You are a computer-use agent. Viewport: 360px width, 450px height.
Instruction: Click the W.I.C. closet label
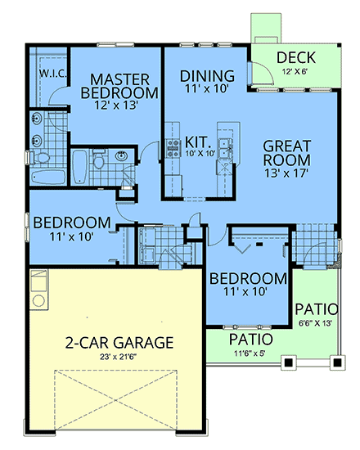click(x=53, y=74)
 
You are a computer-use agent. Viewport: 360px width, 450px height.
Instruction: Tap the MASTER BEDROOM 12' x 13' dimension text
click(x=116, y=106)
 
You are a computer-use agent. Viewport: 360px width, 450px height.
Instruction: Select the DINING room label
click(x=207, y=76)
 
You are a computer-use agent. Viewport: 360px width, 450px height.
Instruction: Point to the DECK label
click(x=296, y=57)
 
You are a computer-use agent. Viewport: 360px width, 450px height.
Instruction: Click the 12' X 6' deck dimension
click(x=295, y=71)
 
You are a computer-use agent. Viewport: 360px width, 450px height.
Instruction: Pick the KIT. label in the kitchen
click(x=197, y=142)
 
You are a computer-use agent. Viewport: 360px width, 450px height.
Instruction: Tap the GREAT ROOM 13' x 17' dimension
click(x=286, y=173)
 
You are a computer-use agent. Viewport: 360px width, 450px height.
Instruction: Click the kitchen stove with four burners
click(x=173, y=148)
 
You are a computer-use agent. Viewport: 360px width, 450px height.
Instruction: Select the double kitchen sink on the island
click(x=225, y=148)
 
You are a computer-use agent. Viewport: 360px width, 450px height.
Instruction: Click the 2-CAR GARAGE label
click(x=119, y=342)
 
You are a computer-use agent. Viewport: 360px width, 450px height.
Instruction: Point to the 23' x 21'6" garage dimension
click(x=119, y=357)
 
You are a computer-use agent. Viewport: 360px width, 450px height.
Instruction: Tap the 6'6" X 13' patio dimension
click(x=315, y=323)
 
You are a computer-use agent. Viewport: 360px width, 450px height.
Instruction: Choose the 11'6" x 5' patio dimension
click(x=250, y=353)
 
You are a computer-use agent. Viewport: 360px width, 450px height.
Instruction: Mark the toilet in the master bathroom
click(x=40, y=158)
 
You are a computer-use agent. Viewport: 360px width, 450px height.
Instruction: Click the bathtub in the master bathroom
click(x=48, y=178)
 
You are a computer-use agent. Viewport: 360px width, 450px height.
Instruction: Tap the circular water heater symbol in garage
click(x=38, y=301)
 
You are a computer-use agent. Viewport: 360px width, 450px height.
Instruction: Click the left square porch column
click(x=289, y=362)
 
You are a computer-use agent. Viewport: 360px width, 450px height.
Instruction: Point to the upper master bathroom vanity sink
click(x=37, y=118)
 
